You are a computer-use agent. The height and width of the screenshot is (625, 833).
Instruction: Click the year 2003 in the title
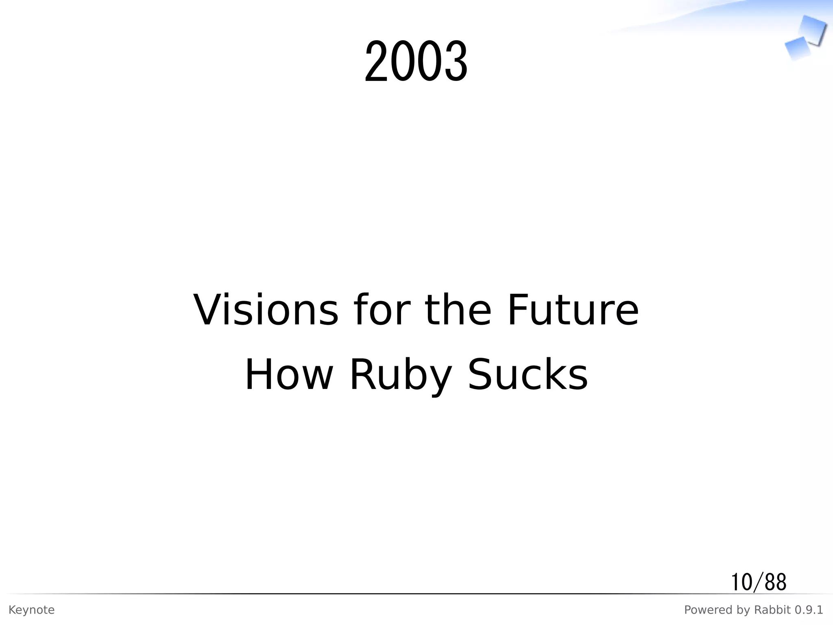416,62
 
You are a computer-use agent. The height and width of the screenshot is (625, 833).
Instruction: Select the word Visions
266,310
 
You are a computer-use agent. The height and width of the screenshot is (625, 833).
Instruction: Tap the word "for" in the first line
380,310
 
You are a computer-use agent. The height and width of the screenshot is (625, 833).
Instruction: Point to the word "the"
458,310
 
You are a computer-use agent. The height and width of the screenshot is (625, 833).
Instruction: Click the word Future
573,310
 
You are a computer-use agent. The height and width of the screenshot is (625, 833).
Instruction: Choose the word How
289,375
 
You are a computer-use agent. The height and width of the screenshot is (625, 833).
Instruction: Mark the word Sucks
528,375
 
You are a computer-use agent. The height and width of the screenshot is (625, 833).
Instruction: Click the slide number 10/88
759,582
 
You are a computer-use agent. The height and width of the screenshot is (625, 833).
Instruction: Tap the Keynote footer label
31,610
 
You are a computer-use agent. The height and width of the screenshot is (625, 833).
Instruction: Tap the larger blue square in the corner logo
813,30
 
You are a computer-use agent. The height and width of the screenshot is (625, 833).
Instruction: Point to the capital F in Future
518,310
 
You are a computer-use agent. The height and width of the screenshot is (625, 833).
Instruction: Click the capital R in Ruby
361,375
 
